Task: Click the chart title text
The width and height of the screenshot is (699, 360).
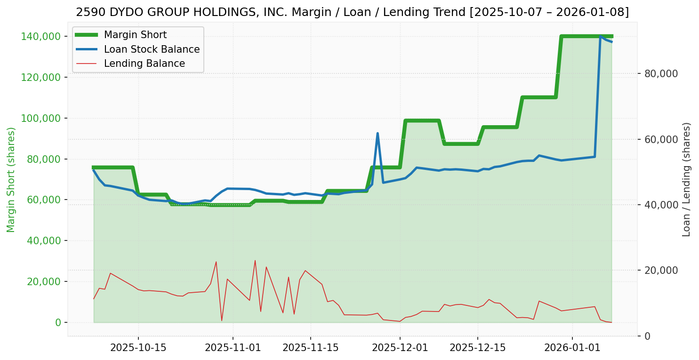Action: [x=352, y=12]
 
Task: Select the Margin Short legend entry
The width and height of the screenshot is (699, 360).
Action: [x=135, y=35]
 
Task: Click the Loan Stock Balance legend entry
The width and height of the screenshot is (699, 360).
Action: [x=152, y=49]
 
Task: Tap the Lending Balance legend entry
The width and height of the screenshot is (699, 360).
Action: [x=144, y=64]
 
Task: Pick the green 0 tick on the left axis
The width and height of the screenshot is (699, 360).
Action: [x=58, y=322]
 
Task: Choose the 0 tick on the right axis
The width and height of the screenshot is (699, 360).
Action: [x=648, y=336]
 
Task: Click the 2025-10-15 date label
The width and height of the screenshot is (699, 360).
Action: [x=138, y=348]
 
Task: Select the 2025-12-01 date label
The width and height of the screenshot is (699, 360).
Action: [x=400, y=348]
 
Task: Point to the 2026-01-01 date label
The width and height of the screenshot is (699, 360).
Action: [x=572, y=348]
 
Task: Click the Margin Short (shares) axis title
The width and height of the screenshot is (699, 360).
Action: [x=11, y=180]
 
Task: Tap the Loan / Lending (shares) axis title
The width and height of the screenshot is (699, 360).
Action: [x=686, y=179]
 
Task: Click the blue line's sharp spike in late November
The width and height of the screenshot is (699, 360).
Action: [x=378, y=134]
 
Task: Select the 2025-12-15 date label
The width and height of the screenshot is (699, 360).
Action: [x=478, y=348]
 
